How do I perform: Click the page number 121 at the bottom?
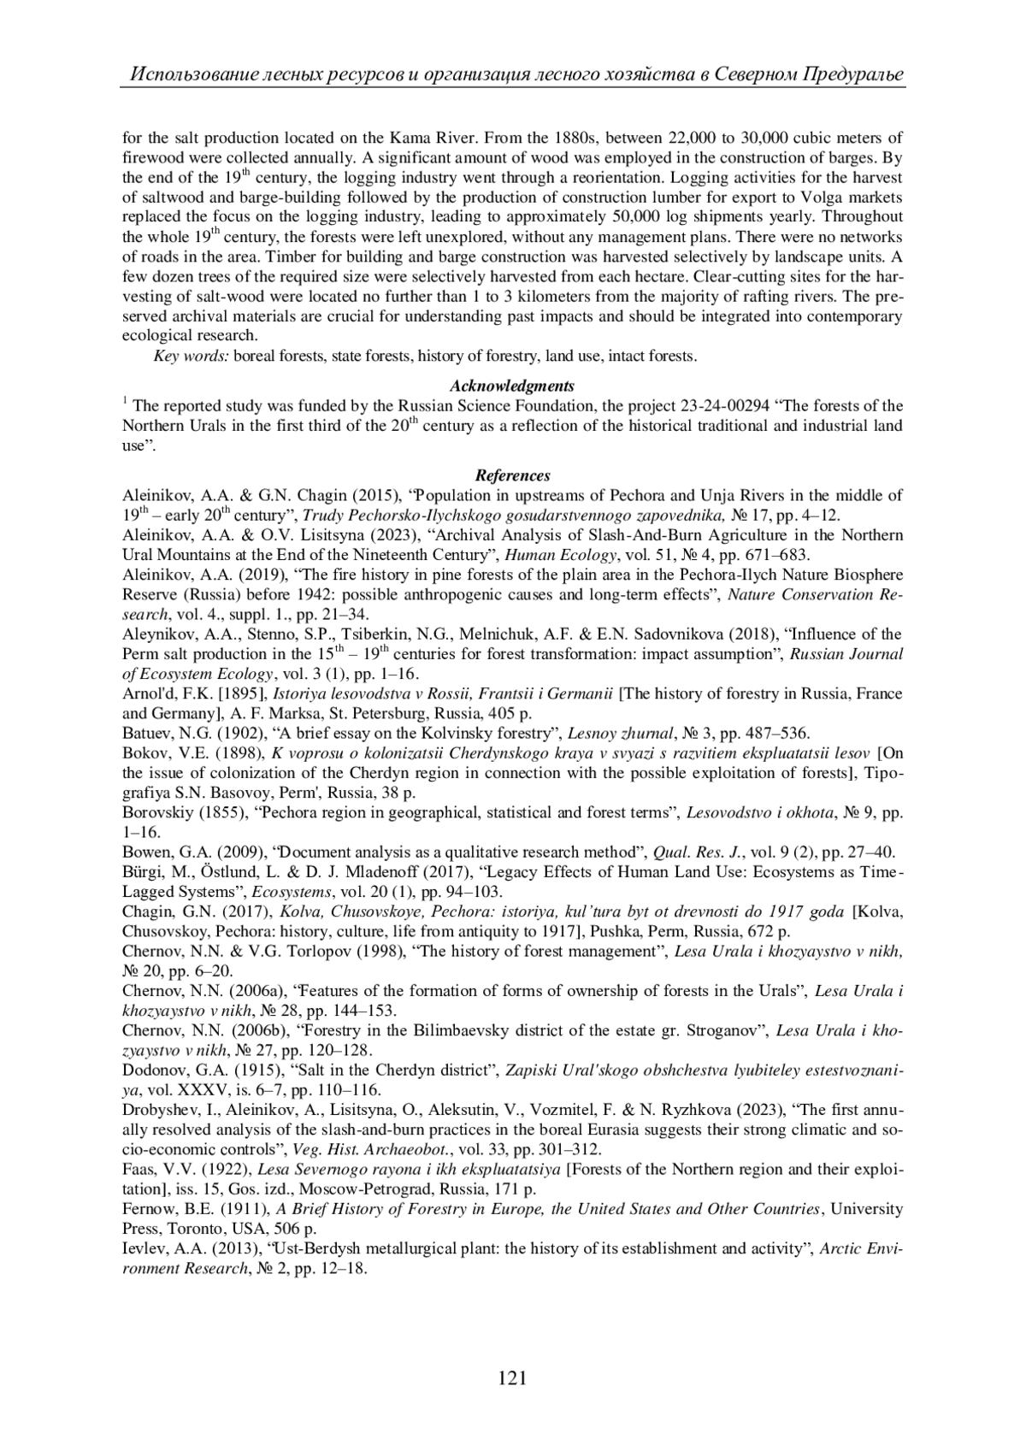512,1377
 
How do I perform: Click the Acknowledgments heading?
512,386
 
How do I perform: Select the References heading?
512,475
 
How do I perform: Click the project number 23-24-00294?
726,405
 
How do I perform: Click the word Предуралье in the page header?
852,74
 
